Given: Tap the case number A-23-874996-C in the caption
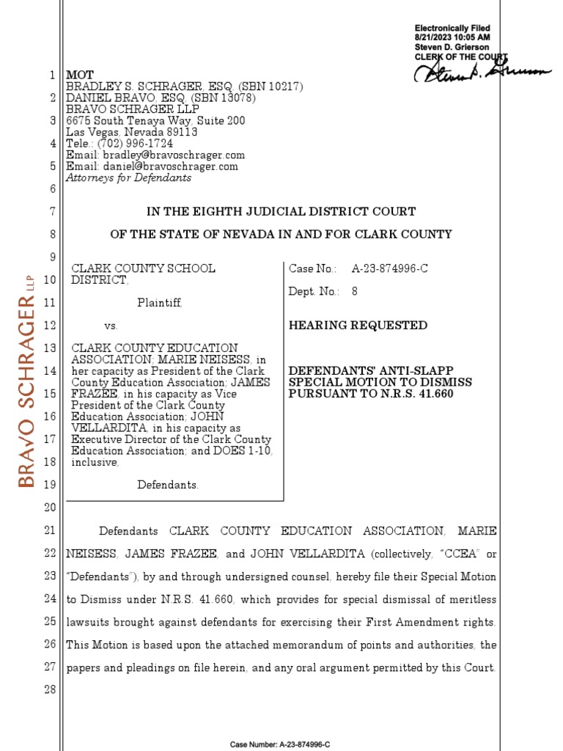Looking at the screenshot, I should tap(389, 268).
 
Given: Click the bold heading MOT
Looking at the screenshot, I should tap(80, 76).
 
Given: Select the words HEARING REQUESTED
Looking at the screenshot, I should tap(358, 325).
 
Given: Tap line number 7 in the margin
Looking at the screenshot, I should tap(52, 212).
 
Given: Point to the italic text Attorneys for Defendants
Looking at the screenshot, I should tap(128, 177).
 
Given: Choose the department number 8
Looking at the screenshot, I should tap(355, 291).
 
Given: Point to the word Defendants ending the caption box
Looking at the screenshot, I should tap(168, 485).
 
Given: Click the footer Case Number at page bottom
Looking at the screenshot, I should tap(281, 744).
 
